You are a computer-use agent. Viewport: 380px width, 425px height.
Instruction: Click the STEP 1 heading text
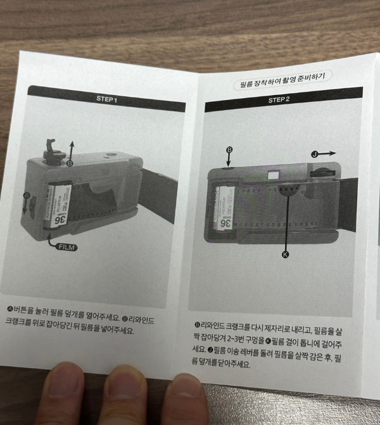pyautogui.click(x=106, y=99)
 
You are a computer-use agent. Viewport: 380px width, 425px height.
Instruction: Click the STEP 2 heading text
pyautogui.click(x=279, y=100)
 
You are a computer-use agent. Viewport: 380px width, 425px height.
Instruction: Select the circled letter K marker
pyautogui.click(x=285, y=254)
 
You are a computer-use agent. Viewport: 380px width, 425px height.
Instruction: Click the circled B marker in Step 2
pyautogui.click(x=229, y=150)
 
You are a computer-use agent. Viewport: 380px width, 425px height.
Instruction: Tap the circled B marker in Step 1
pyautogui.click(x=70, y=163)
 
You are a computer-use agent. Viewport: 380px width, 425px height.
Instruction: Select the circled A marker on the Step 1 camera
pyautogui.click(x=27, y=196)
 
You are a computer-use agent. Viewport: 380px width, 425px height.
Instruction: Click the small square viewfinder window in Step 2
pyautogui.click(x=273, y=175)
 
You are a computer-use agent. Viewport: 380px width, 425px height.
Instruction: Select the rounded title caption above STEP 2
pyautogui.click(x=283, y=83)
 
